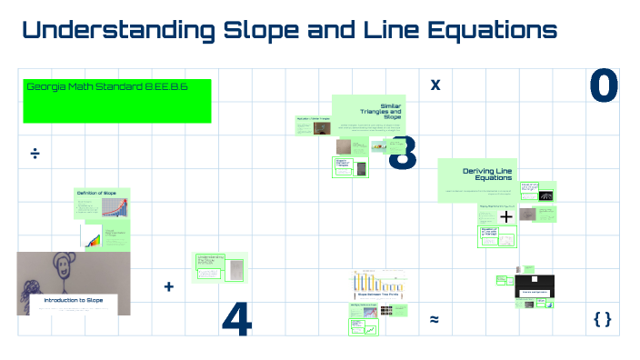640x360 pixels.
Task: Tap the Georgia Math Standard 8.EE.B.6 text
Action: point(106,86)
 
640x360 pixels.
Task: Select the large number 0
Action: point(604,86)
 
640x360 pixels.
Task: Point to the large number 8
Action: point(403,154)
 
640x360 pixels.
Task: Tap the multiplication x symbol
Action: point(435,85)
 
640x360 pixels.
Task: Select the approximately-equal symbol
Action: point(435,319)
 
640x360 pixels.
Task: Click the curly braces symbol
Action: point(602,319)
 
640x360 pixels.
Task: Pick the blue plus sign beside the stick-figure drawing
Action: point(168,286)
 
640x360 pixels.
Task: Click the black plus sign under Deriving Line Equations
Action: point(506,216)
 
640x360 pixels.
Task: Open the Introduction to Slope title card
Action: point(75,300)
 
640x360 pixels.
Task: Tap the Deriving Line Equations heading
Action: point(487,174)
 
